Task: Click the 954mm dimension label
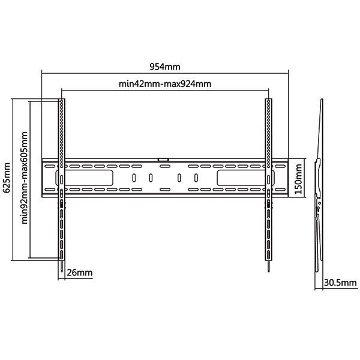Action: [x=165, y=67]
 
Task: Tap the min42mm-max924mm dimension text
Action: [x=165, y=84]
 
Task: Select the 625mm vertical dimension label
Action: [x=7, y=178]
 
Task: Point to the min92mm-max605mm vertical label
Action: [x=24, y=178]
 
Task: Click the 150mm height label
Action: [x=298, y=179]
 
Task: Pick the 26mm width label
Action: [x=80, y=273]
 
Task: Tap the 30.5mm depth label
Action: [x=340, y=283]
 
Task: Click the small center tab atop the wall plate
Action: [x=163, y=160]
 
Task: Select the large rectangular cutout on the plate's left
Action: [x=84, y=178]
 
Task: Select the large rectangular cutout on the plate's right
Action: [x=245, y=178]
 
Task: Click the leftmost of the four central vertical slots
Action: [x=134, y=178]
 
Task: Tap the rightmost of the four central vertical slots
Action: [x=196, y=178]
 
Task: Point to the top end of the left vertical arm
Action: [x=62, y=99]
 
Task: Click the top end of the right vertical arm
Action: [x=269, y=99]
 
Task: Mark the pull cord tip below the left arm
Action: [x=62, y=271]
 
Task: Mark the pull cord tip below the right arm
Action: [x=269, y=271]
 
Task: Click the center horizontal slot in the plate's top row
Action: [x=163, y=166]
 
